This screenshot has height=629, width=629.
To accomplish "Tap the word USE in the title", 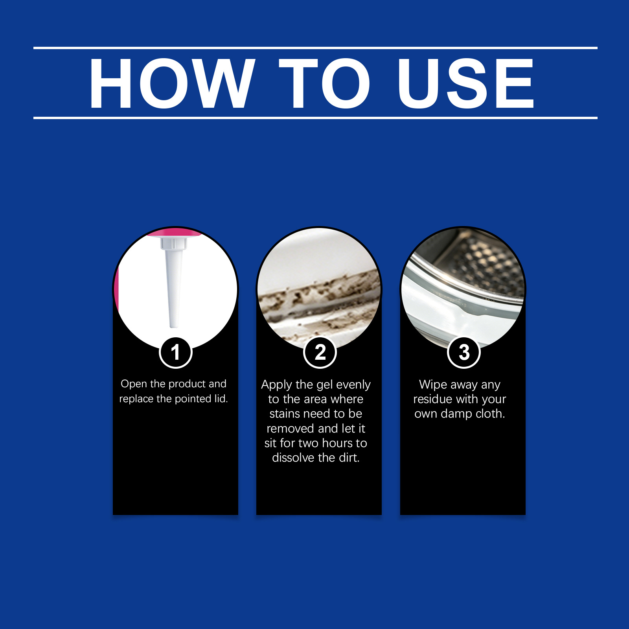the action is [x=465, y=83].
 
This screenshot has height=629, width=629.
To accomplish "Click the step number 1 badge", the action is [x=176, y=352].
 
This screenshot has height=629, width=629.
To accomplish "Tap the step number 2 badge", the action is [x=320, y=352].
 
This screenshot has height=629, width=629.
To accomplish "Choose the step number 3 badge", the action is [x=464, y=352].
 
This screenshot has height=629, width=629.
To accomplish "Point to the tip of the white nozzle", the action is [x=174, y=326].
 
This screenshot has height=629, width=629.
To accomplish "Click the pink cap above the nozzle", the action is [x=175, y=232].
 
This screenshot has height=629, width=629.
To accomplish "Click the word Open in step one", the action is [x=134, y=384].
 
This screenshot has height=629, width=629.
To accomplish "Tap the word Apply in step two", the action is [x=276, y=385].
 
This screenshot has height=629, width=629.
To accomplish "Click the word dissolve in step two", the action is [x=293, y=458].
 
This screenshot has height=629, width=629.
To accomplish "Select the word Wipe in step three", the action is [x=433, y=384].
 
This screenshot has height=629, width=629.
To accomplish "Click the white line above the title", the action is [x=315, y=48].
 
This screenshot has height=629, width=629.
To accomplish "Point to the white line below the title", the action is [x=315, y=118].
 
